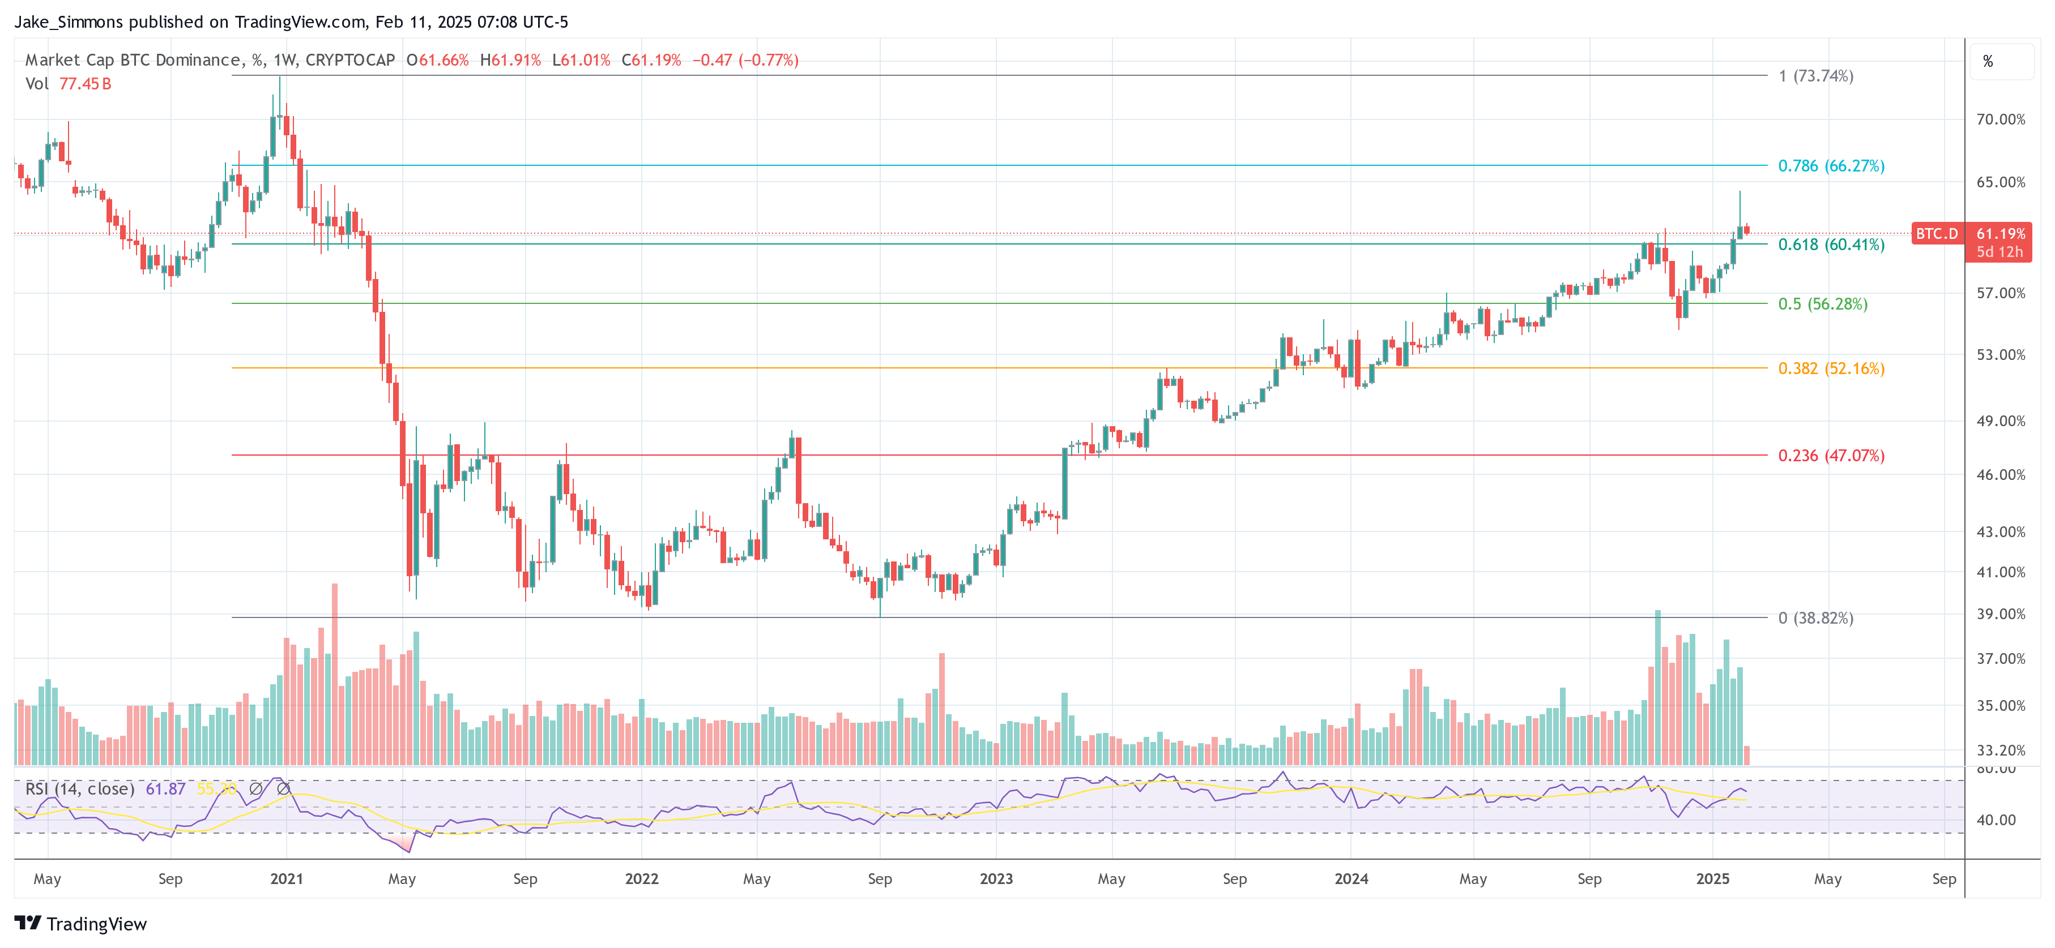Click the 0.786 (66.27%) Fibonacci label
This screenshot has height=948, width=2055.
pos(1830,166)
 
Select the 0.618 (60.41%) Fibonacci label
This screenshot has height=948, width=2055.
pos(1830,244)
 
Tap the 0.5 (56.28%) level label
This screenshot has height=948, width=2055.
pos(1822,304)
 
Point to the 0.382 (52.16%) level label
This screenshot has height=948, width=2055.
pos(1830,368)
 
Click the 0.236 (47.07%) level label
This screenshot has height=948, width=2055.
pos(1830,455)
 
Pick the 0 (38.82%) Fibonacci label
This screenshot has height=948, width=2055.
pos(1815,618)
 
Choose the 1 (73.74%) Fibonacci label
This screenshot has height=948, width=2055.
pos(1815,76)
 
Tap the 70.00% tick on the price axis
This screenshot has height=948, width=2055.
pos(2000,119)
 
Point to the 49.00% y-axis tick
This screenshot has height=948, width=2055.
pos(2000,421)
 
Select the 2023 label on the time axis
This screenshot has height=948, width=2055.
pos(996,878)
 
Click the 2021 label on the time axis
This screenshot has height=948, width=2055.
pos(287,878)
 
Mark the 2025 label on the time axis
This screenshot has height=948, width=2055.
pos(1712,878)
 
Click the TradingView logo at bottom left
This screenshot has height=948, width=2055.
pos(80,923)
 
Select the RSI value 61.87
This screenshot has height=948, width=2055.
pos(165,788)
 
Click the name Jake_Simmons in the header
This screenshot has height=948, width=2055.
pos(69,22)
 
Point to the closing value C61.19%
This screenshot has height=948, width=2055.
pos(651,60)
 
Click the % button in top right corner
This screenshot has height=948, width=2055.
pos(1988,61)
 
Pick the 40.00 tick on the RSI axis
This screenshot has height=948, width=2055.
pos(1995,820)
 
